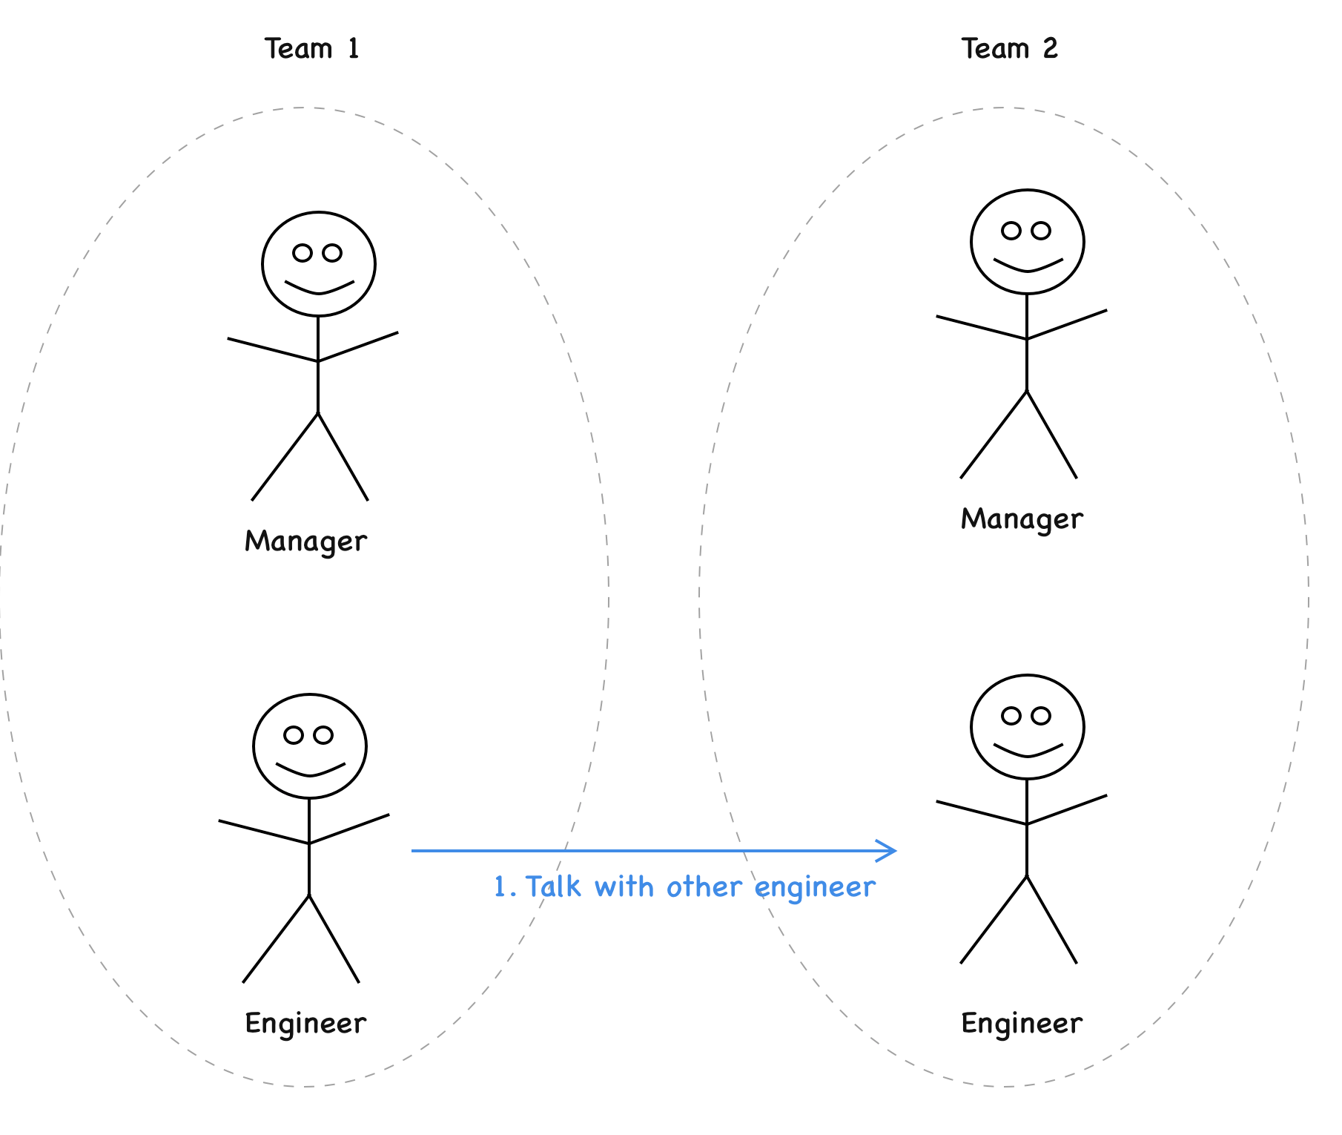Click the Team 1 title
312,49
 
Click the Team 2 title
1009,49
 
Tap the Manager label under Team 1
305,542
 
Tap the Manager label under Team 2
1022,519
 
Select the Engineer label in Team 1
305,1024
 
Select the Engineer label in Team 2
1022,1024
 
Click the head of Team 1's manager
319,264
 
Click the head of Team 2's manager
1028,242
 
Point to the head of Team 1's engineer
310,746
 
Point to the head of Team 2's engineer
1028,727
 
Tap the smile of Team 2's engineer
1028,751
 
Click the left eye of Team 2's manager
1011,231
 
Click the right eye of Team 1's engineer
323,735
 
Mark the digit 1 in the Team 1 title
353,49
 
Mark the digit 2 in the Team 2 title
1050,49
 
